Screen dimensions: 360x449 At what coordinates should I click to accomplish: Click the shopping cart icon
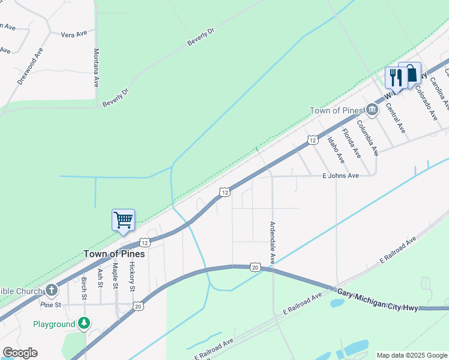point(123,220)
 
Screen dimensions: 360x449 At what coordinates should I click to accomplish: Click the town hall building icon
point(372,110)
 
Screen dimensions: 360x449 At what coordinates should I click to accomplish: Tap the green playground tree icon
point(84,324)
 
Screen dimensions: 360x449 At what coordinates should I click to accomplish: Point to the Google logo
point(20,353)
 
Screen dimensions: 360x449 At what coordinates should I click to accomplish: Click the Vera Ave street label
point(74,34)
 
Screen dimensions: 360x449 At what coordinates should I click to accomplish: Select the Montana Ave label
point(96,68)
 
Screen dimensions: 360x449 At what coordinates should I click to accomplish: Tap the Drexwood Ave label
point(31,66)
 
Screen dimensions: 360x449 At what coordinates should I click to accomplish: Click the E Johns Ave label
point(340,175)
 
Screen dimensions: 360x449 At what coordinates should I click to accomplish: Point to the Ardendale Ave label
point(272,242)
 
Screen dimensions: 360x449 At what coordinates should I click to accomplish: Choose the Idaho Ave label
point(336,149)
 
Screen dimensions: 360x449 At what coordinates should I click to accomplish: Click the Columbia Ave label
point(367,137)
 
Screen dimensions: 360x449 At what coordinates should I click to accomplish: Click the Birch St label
point(84,289)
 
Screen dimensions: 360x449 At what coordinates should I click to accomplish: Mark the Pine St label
point(50,305)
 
